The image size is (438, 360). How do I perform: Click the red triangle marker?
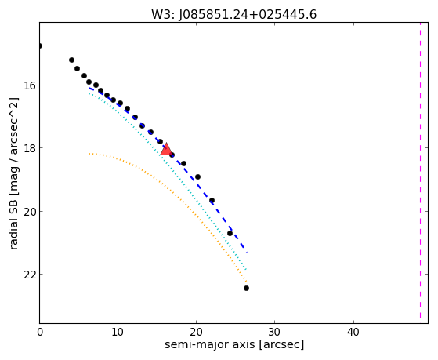tap(166, 150)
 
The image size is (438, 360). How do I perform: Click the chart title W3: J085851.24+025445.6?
tap(233, 15)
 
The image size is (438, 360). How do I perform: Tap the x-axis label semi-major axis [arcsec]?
tap(234, 344)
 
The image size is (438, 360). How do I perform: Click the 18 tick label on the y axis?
tap(29, 148)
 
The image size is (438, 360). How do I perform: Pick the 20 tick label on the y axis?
tap(29, 211)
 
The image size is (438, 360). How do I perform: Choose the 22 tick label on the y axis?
tap(29, 275)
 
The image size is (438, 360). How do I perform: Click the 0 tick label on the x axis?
tap(40, 332)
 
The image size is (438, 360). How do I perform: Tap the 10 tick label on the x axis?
tap(118, 332)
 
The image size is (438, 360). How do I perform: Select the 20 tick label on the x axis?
tap(197, 332)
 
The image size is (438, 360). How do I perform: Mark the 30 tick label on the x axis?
tap(275, 332)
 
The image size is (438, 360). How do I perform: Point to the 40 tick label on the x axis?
tap(353, 332)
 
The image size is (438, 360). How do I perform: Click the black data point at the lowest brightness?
tap(246, 288)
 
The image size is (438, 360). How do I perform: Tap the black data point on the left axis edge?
tap(40, 45)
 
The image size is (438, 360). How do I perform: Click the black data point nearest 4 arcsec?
tap(71, 60)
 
